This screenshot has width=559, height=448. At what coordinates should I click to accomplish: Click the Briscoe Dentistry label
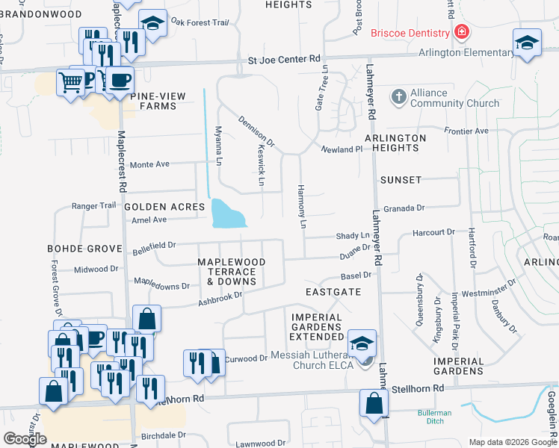tap(410, 32)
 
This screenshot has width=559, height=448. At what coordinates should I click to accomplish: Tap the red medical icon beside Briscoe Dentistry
tap(462, 32)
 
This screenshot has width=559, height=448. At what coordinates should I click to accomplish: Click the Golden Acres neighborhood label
tap(164, 206)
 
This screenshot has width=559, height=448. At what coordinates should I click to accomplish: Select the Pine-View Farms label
tap(152, 101)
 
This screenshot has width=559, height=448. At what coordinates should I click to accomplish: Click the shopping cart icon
tap(70, 82)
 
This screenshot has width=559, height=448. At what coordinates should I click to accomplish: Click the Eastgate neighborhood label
tap(333, 292)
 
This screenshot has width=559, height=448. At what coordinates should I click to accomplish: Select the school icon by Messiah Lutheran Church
tap(362, 342)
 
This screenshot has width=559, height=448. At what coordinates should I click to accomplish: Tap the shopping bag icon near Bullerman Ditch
tap(373, 403)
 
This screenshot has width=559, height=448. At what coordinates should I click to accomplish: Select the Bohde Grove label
tap(84, 248)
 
